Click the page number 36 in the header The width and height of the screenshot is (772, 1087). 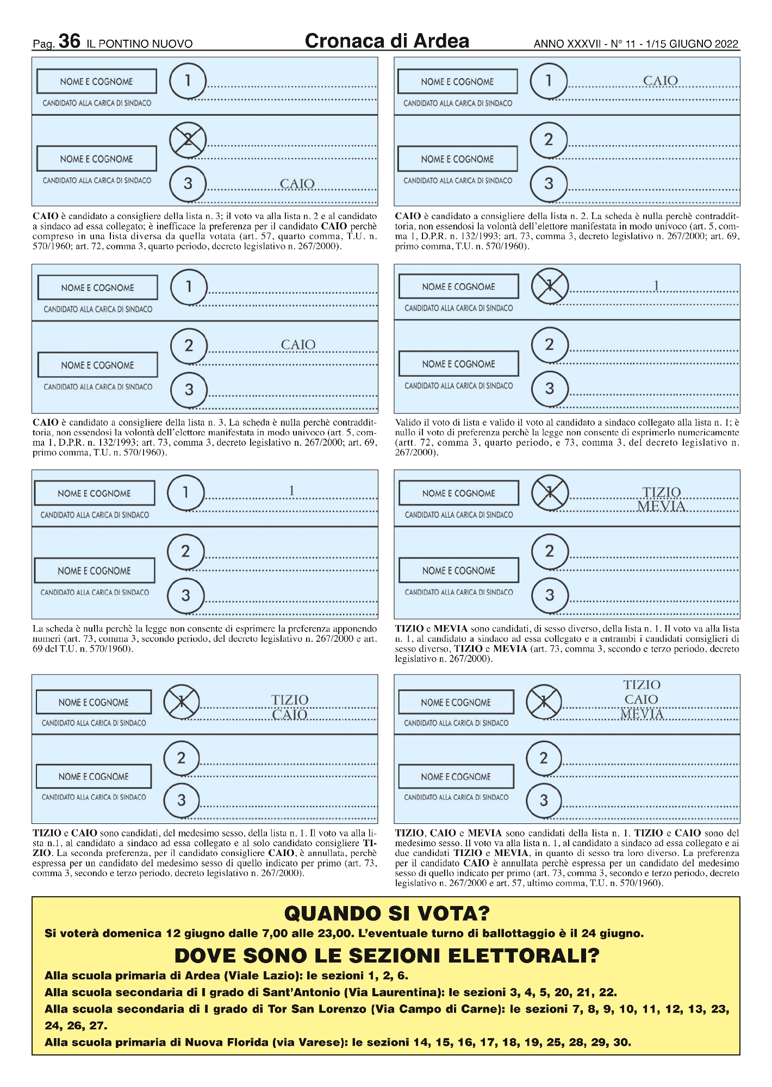tap(69, 41)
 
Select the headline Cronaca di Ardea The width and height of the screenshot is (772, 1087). tap(387, 41)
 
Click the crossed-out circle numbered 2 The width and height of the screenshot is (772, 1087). tap(188, 140)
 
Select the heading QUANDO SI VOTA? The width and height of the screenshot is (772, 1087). tap(387, 913)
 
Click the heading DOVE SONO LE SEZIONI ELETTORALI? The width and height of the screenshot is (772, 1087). tap(387, 955)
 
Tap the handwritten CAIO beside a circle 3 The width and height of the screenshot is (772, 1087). tap(297, 184)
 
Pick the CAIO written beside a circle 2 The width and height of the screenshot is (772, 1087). tap(298, 345)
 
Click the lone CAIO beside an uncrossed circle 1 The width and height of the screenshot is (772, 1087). tap(660, 81)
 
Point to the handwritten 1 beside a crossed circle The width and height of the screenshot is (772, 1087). tap(656, 285)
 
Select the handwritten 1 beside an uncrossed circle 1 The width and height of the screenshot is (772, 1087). tap(291, 491)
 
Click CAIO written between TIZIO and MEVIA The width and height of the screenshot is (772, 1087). tap(641, 699)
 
